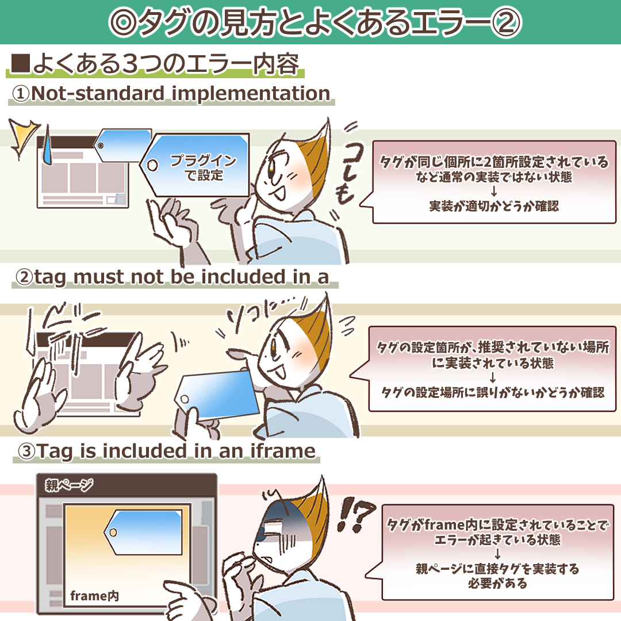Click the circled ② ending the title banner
pyautogui.click(x=506, y=22)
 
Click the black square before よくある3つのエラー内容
pyautogui.click(x=21, y=63)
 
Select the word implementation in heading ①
pyautogui.click(x=251, y=94)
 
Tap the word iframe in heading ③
pyautogui.click(x=283, y=451)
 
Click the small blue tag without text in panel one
pyautogui.click(x=122, y=145)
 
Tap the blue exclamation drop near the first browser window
pyautogui.click(x=47, y=145)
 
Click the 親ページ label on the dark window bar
pyautogui.click(x=69, y=484)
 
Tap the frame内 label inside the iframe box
pyautogui.click(x=94, y=595)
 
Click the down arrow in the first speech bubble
pyautogui.click(x=494, y=191)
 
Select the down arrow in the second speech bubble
pyautogui.click(x=493, y=377)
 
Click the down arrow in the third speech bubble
pyautogui.click(x=497, y=554)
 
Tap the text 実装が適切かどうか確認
pyautogui.click(x=494, y=206)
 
